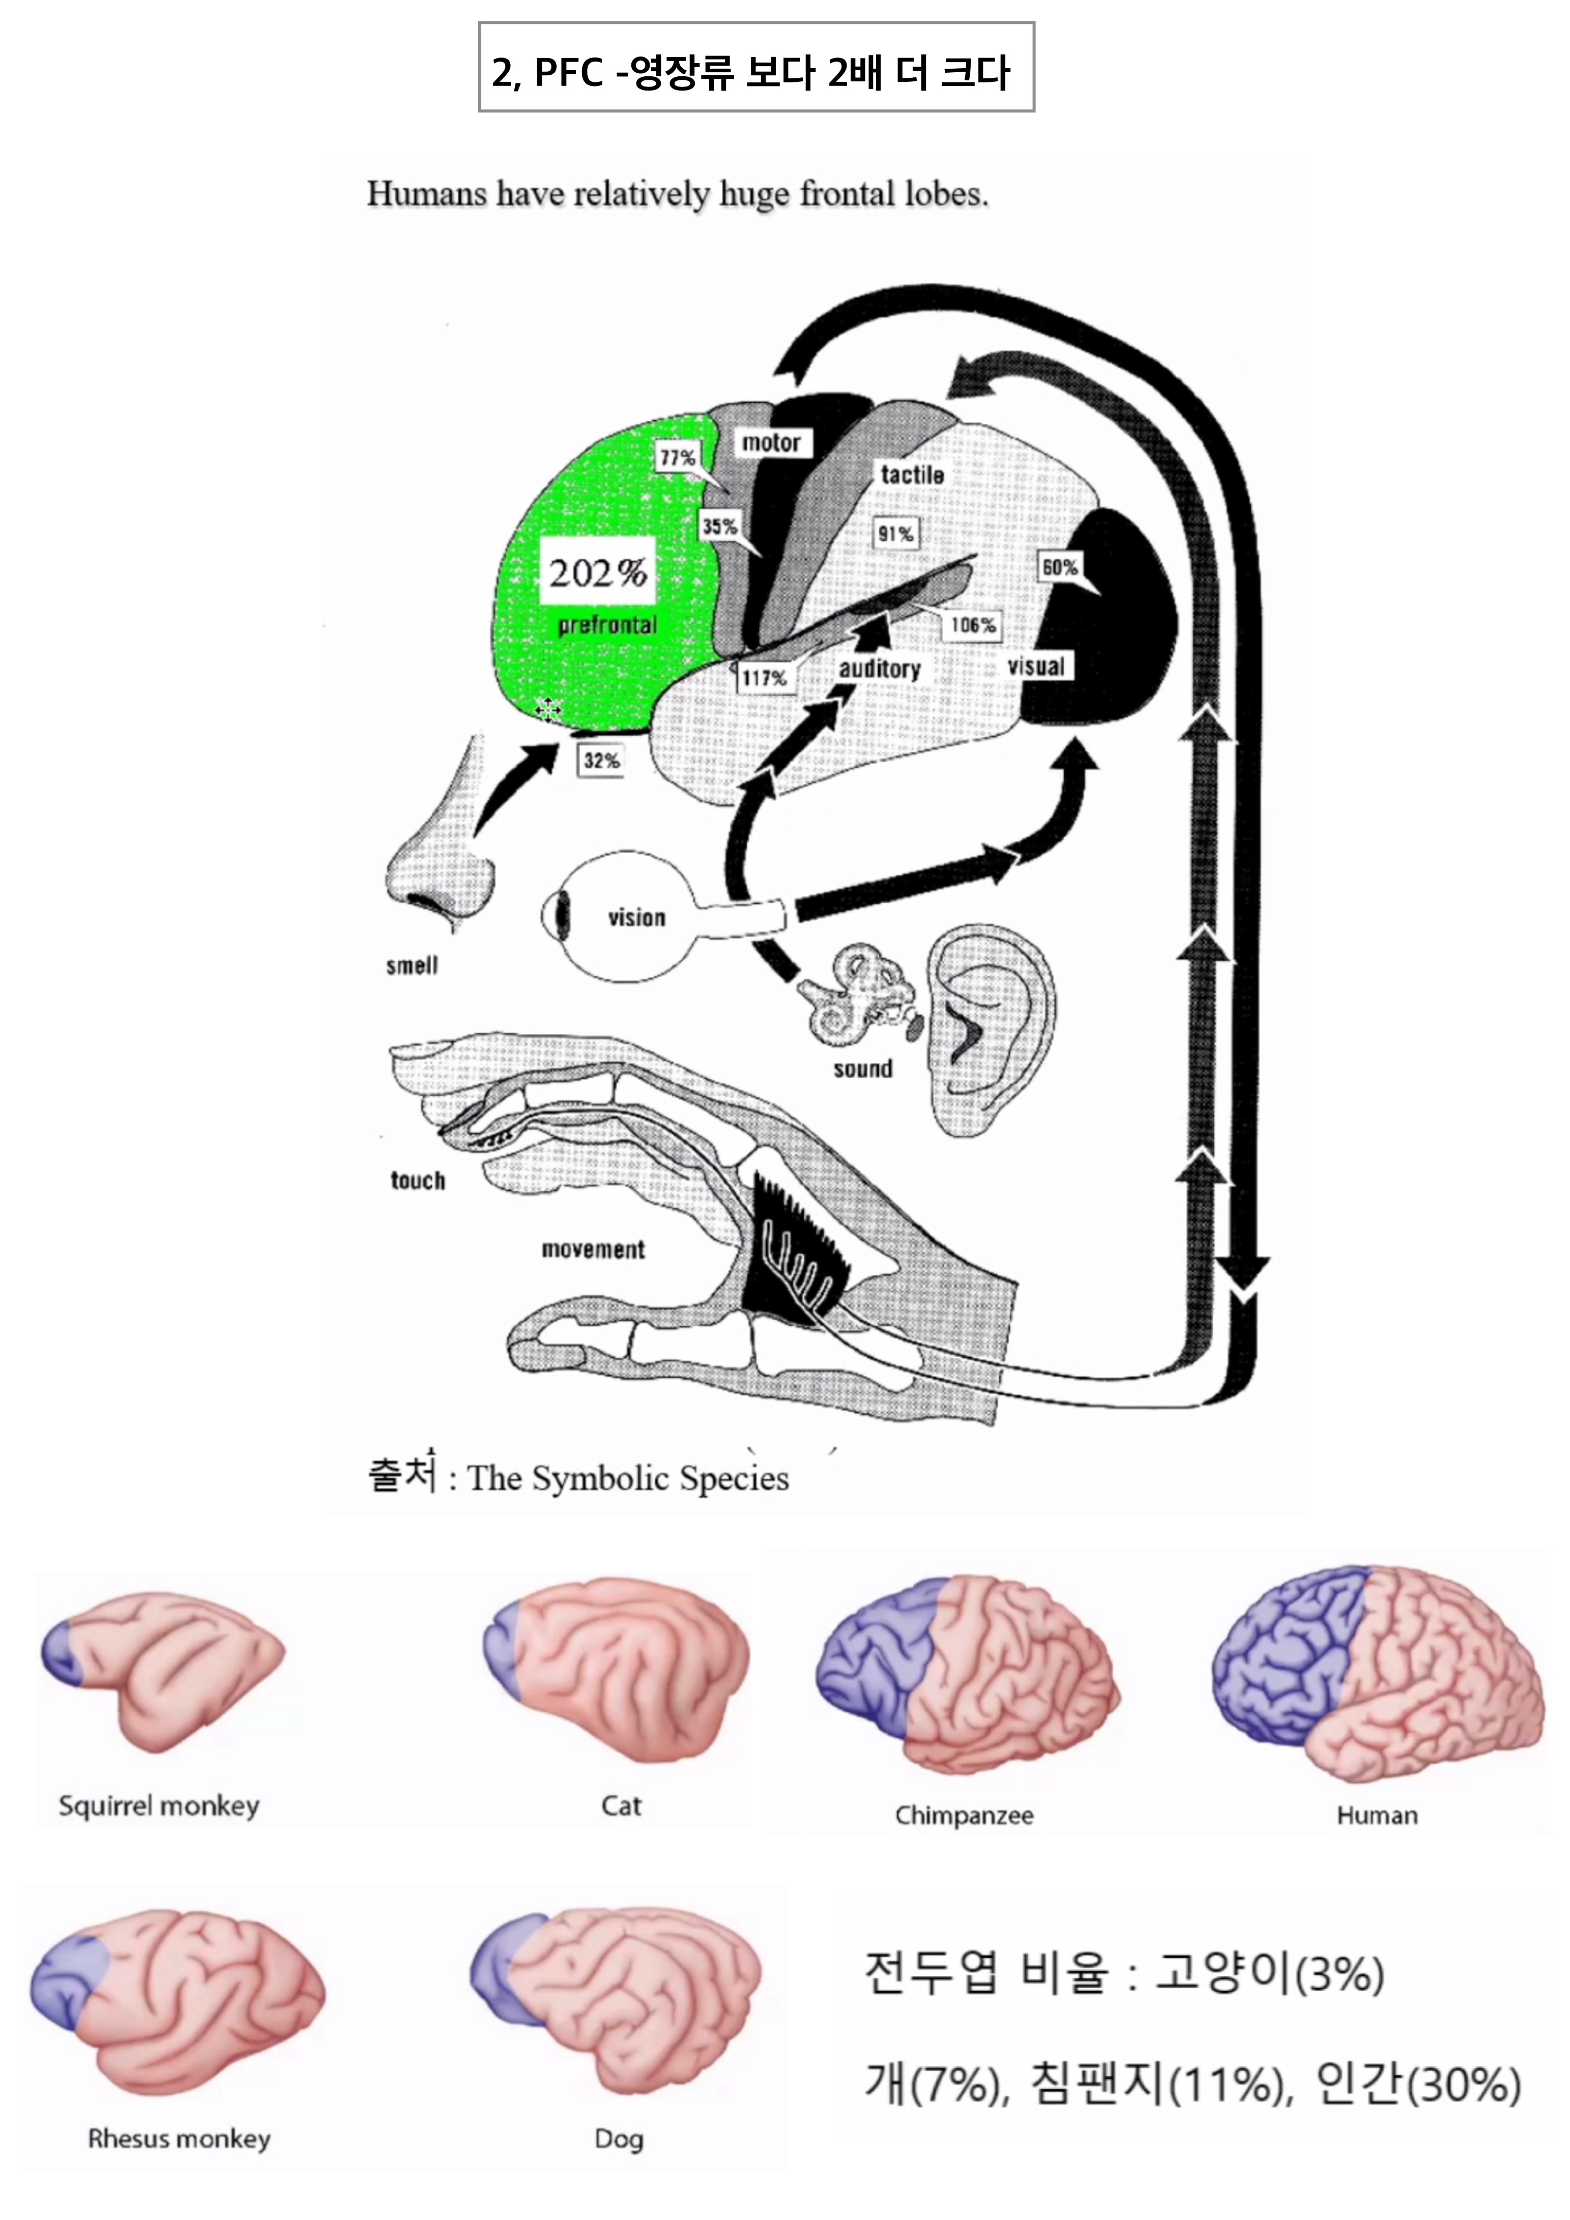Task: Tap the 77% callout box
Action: pos(677,457)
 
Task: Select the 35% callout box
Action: pos(719,527)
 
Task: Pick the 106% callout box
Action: pos(973,626)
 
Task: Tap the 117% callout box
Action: pos(764,678)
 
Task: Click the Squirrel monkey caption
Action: pos(160,1806)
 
